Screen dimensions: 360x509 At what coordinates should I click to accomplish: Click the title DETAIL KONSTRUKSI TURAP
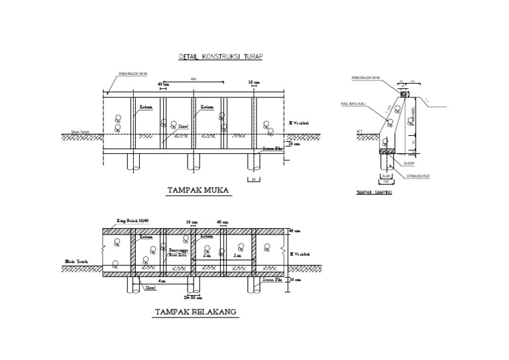(221, 57)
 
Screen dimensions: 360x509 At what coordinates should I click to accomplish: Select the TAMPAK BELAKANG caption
(196, 311)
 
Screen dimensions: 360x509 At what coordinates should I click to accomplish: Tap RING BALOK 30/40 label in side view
(367, 78)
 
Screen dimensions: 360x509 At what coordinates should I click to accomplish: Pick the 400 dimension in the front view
(194, 79)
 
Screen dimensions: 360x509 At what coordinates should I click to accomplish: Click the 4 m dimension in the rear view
(162, 281)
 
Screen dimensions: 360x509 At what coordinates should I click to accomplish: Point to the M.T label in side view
(359, 131)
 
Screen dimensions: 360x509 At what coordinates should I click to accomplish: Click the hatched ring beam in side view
(403, 91)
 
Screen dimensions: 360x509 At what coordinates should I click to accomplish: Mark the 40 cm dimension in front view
(164, 85)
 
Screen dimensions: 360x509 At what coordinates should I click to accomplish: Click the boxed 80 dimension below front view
(253, 179)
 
